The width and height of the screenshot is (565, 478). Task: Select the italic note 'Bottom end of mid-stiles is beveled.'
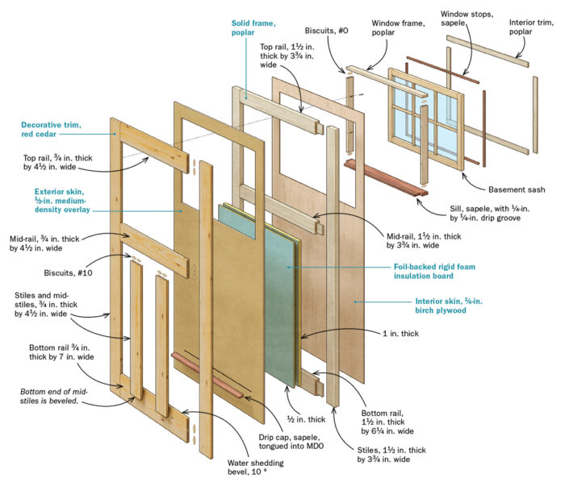click(x=56, y=398)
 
